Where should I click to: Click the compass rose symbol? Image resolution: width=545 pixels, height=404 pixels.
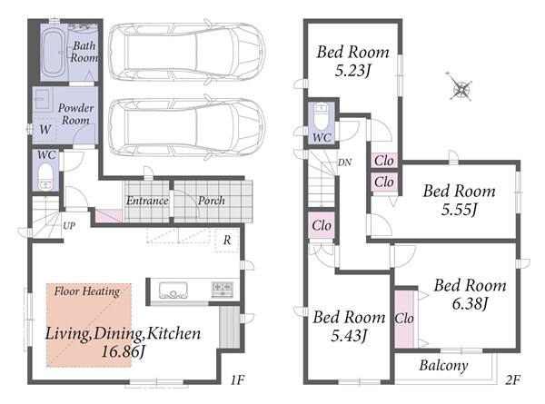[x=461, y=86]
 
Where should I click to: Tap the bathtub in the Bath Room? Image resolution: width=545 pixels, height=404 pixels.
[x=53, y=53]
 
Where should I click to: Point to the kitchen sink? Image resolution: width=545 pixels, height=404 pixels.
[x=173, y=290]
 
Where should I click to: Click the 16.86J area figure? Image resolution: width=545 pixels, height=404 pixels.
[x=123, y=351]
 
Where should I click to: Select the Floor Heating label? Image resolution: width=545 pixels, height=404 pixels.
[x=87, y=291]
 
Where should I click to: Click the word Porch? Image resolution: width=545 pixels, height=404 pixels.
[x=212, y=201]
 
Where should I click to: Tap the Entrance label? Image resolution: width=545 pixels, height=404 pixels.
[x=147, y=201]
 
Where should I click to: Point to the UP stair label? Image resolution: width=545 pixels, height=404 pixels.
[x=69, y=226]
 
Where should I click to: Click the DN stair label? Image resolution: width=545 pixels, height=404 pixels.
[x=345, y=163]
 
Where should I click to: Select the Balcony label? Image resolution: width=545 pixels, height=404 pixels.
[x=443, y=366]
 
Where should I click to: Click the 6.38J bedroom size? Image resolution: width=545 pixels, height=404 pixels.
[x=470, y=304]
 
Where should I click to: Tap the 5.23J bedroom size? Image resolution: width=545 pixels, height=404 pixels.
[x=352, y=71]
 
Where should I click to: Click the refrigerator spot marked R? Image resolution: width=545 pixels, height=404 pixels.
[x=227, y=240]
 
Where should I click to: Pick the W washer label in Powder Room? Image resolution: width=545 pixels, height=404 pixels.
[x=45, y=130]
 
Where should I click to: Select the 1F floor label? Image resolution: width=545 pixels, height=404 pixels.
[x=238, y=380]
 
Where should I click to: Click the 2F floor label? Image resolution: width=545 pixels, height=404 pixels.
[x=512, y=380]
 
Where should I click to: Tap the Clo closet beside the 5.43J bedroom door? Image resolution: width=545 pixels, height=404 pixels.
[x=322, y=225]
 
